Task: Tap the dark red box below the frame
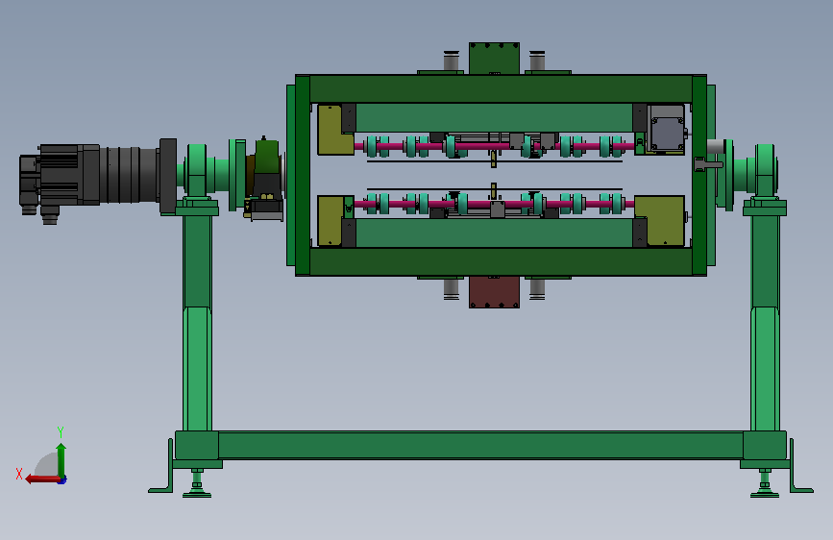pos(494,292)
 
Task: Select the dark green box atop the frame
pos(494,59)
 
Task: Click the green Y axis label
pos(61,432)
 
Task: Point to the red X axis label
pos(19,474)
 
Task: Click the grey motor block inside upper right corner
pos(666,128)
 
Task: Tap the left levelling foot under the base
pos(197,484)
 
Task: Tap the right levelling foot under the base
pos(765,484)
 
